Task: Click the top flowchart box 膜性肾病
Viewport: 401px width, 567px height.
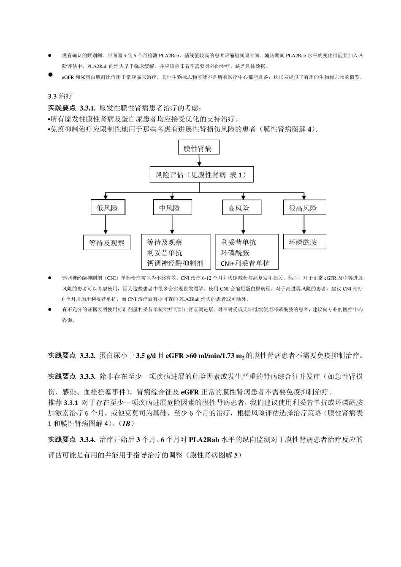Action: [198, 148]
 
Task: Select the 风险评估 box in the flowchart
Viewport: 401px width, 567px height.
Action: [201, 175]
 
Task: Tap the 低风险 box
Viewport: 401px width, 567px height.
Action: [107, 208]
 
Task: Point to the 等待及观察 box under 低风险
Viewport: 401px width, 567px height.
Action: [106, 243]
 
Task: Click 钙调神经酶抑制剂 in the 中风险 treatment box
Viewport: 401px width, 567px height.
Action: [175, 263]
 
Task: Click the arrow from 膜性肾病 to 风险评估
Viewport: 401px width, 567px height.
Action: [198, 160]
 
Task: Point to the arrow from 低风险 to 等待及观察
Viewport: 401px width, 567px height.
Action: [106, 224]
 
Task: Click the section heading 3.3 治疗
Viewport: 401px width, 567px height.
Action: [60, 97]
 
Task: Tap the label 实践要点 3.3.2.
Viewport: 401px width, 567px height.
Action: [72, 356]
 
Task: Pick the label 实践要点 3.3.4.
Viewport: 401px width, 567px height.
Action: [72, 440]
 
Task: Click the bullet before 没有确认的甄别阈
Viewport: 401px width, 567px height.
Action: [49, 55]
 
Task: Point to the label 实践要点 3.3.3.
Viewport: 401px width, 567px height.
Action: [72, 376]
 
